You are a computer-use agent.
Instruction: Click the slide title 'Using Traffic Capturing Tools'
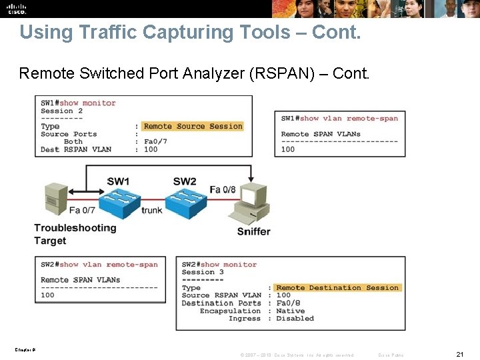(190, 32)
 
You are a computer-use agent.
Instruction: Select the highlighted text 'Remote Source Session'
(193, 126)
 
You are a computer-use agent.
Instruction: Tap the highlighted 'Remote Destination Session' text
(337, 288)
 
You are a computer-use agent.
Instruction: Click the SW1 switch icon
(119, 201)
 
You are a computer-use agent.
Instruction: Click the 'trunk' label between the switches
(152, 211)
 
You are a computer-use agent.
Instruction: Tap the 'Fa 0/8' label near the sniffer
(223, 190)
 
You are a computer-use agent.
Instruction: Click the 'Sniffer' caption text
(254, 232)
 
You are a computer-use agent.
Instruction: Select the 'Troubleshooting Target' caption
(75, 234)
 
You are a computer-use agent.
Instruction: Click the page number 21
(459, 354)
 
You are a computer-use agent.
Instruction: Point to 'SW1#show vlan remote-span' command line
(339, 119)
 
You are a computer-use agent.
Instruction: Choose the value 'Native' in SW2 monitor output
(290, 311)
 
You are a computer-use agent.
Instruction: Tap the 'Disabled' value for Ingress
(295, 319)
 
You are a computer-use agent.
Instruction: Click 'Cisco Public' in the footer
(391, 355)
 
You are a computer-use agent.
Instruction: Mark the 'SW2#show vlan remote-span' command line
(99, 265)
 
